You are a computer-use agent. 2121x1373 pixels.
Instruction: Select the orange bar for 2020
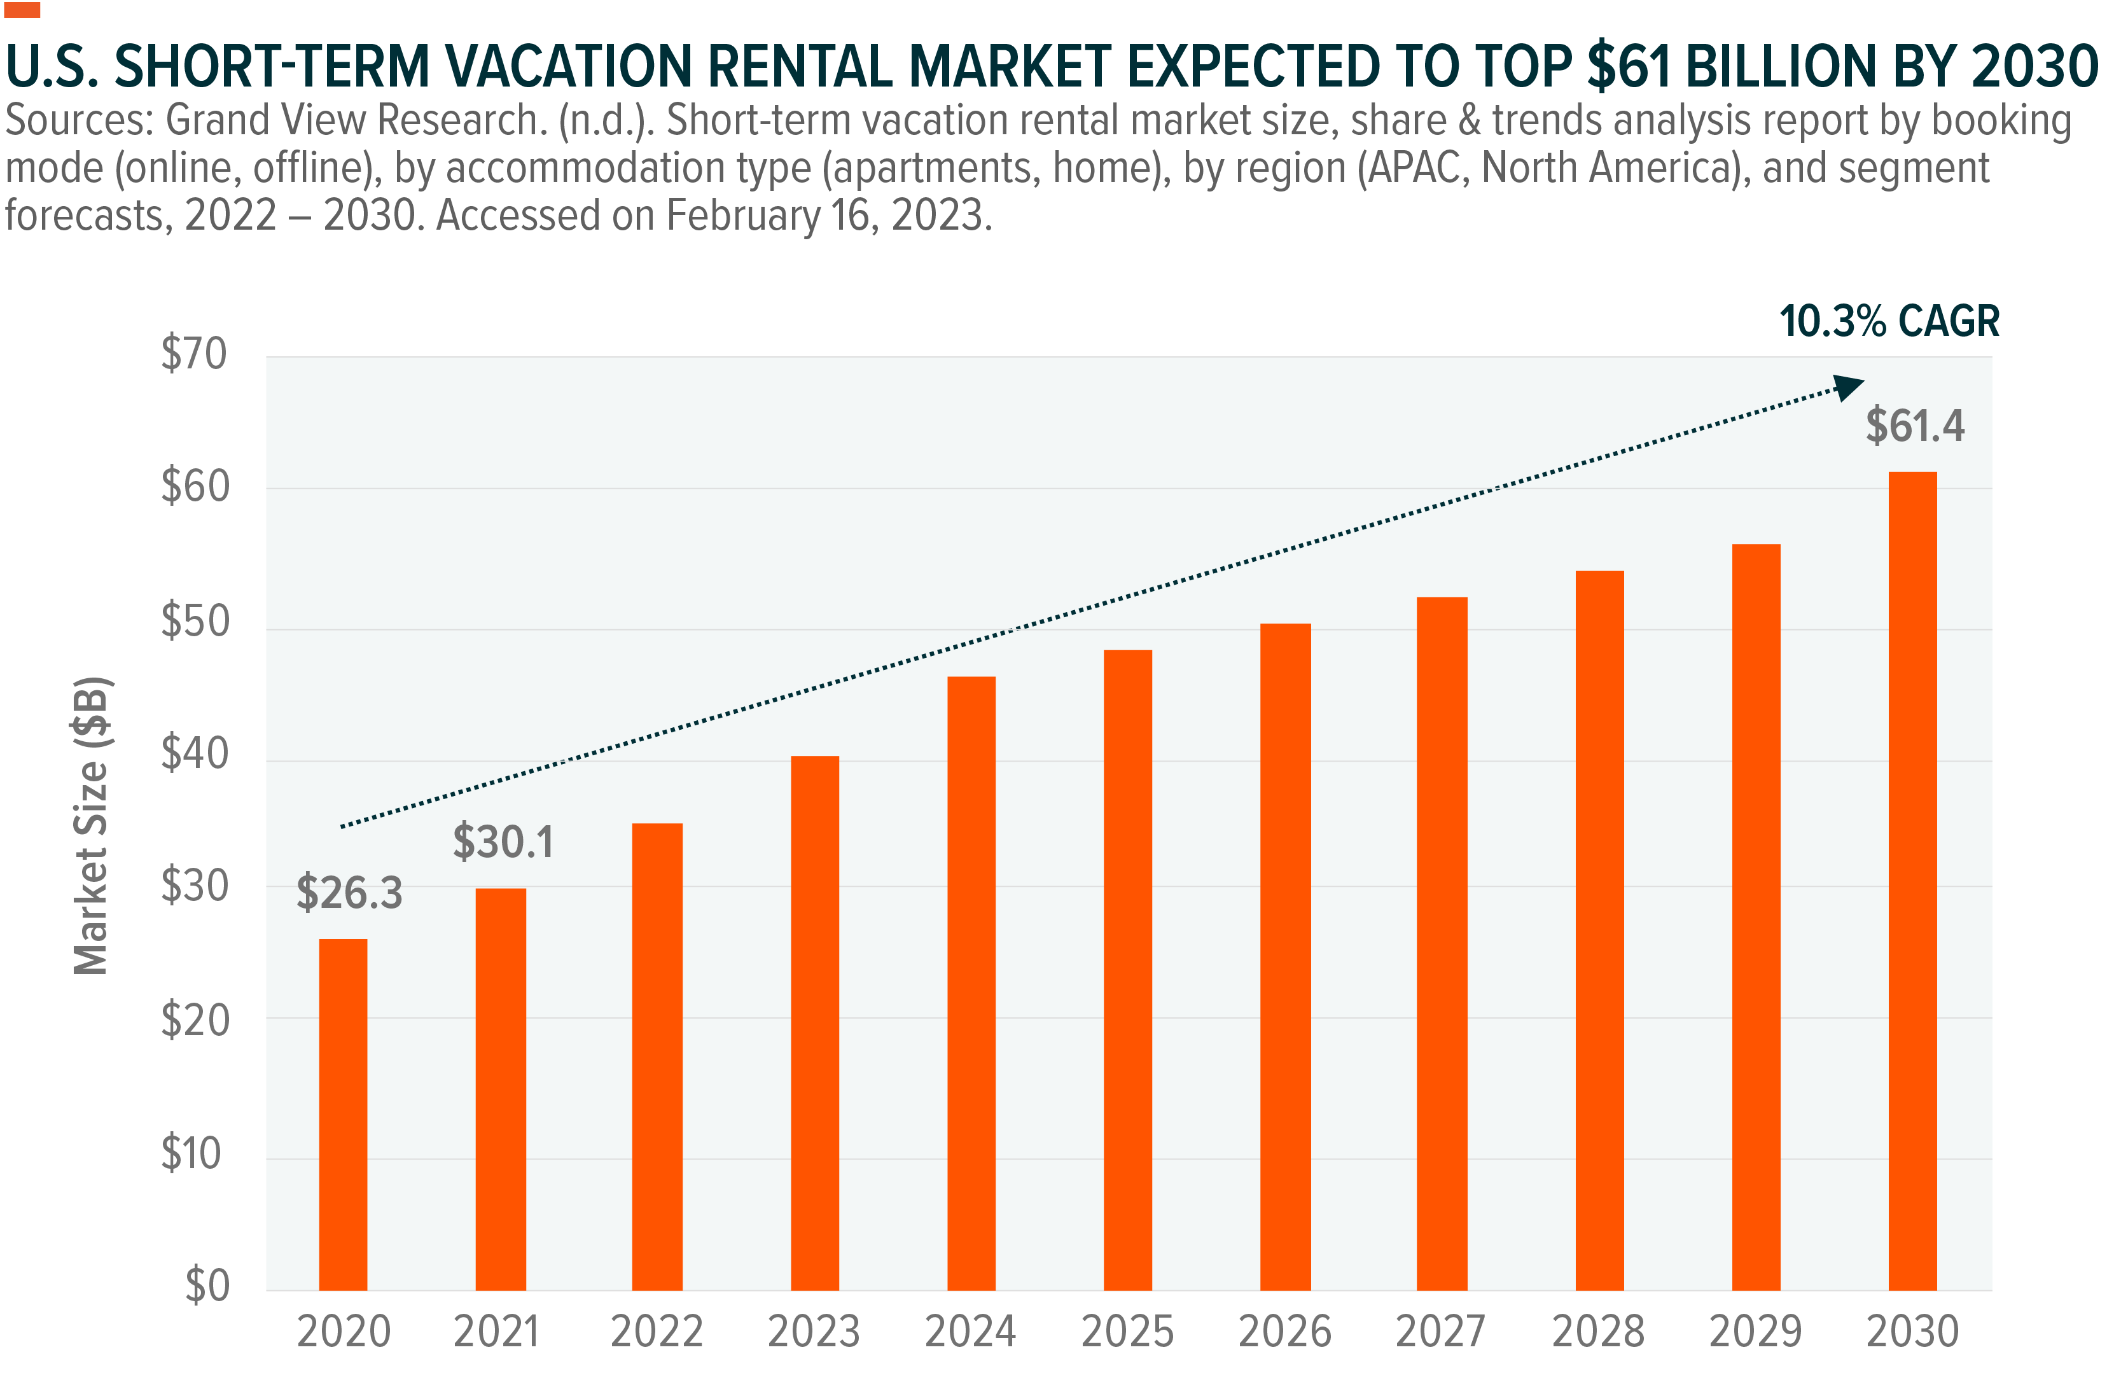pyautogui.click(x=343, y=1113)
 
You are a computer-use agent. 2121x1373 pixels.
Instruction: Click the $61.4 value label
pyautogui.click(x=1915, y=425)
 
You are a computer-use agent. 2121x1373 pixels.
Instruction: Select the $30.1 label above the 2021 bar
pyautogui.click(x=503, y=841)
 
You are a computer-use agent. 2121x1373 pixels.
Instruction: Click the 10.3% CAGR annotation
pyautogui.click(x=1889, y=321)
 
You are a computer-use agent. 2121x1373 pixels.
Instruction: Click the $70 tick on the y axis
pyautogui.click(x=194, y=354)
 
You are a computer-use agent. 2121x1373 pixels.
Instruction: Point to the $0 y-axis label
pyautogui.click(x=207, y=1286)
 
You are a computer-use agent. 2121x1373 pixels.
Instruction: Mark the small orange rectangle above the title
pyautogui.click(x=22, y=10)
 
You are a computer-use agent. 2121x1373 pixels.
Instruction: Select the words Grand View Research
pyautogui.click(x=356, y=120)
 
